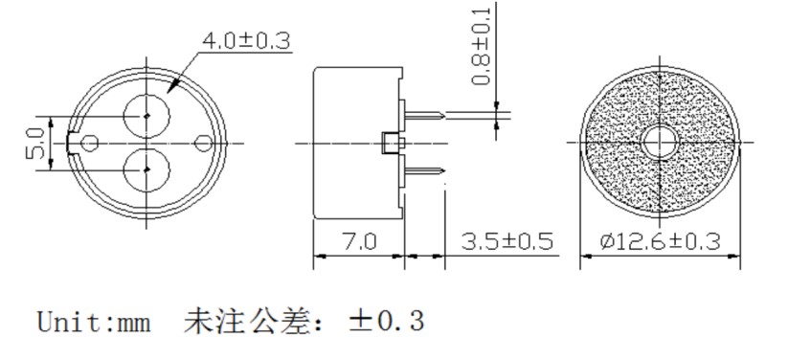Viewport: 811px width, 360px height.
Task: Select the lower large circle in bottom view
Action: (146, 170)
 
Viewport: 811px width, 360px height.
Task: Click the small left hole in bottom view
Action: (91, 143)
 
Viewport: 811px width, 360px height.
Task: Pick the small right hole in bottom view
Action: (203, 143)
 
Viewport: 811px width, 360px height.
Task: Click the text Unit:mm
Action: (94, 321)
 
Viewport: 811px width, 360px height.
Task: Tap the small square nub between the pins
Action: (391, 144)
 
